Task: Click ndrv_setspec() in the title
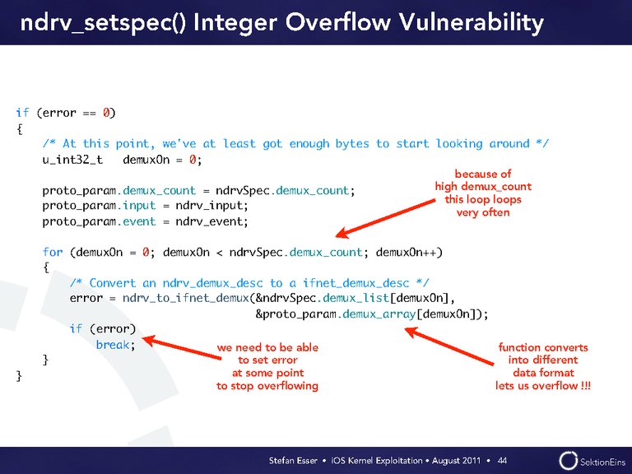[103, 23]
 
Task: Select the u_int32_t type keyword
[72, 160]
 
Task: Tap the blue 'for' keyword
[53, 253]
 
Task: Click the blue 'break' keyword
[113, 345]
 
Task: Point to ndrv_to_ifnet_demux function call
[186, 298]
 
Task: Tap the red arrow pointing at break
[182, 348]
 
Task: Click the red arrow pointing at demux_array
[449, 346]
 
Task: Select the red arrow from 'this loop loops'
[386, 217]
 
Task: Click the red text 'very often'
[483, 212]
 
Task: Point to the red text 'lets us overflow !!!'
[543, 386]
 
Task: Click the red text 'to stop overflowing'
[267, 386]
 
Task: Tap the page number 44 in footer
[502, 460]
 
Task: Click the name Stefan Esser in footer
[293, 460]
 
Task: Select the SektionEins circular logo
[569, 461]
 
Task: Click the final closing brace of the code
[19, 376]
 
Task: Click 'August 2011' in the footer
[456, 460]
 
